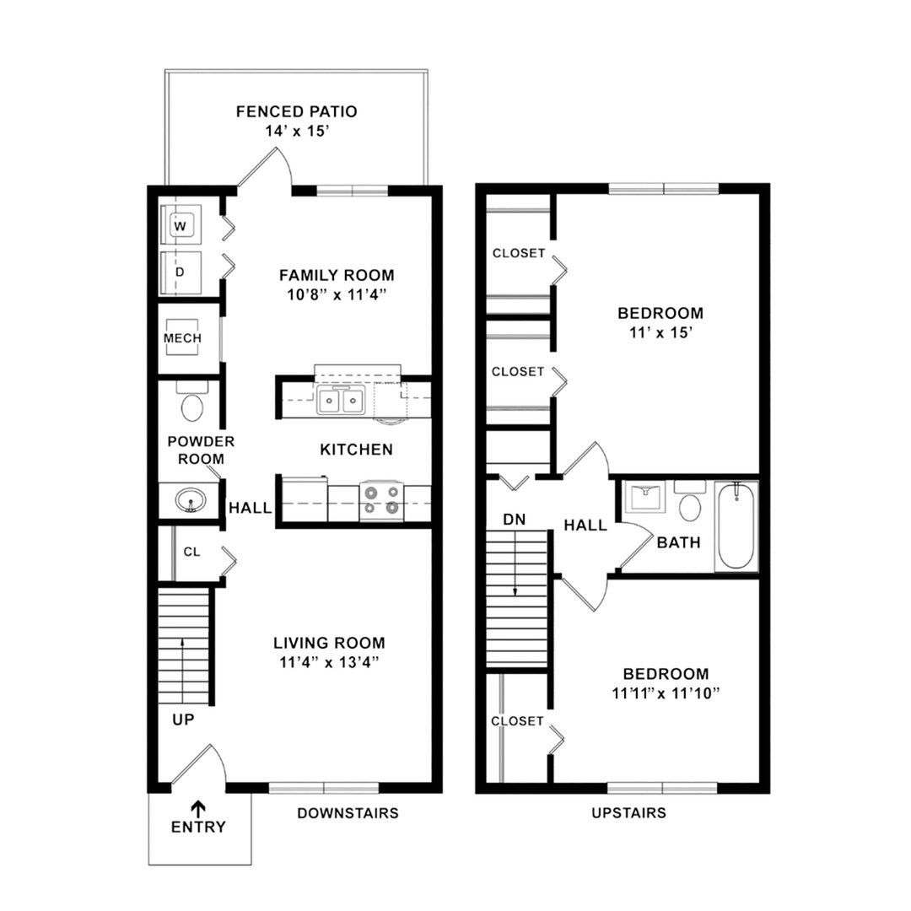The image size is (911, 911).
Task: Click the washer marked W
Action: [x=181, y=225]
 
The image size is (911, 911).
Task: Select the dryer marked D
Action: [x=181, y=272]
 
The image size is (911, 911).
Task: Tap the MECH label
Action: [x=182, y=338]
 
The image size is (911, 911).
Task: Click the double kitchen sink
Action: [x=340, y=401]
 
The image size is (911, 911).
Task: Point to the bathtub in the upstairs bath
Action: [x=736, y=526]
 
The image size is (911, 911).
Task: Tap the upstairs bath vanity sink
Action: [x=645, y=499]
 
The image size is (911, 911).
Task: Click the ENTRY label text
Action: [x=198, y=827]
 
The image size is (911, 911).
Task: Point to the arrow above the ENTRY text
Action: [x=198, y=807]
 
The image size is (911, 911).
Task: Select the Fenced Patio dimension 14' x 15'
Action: [x=296, y=131]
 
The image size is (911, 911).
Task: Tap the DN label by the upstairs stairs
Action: [x=514, y=520]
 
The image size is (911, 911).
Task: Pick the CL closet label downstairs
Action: [x=192, y=552]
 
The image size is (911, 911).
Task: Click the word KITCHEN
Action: [x=356, y=450]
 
